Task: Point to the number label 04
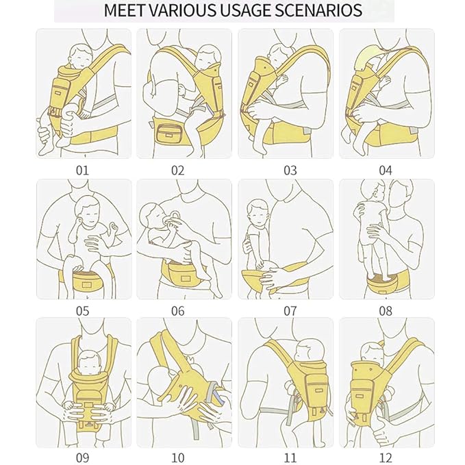(386, 170)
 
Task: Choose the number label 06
(178, 311)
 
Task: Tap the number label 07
(290, 311)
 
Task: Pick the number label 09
(81, 457)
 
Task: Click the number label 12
(386, 457)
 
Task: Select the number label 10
(178, 457)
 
